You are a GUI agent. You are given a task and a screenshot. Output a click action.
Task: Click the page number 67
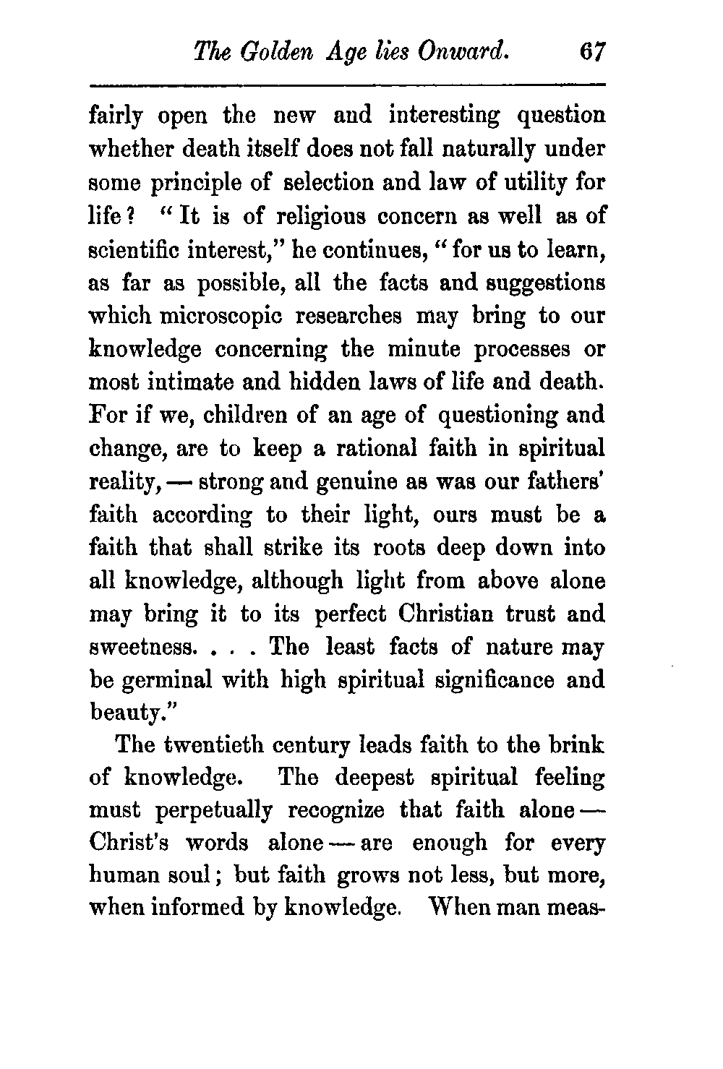pyautogui.click(x=591, y=52)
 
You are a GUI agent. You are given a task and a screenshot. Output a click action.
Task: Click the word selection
pyautogui.click(x=325, y=184)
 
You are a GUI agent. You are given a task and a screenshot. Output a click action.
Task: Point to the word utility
pyautogui.click(x=518, y=184)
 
